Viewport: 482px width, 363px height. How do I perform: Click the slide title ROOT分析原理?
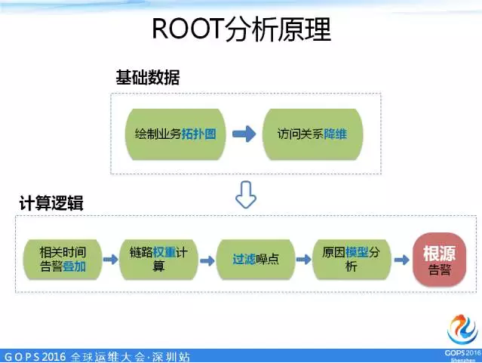241,29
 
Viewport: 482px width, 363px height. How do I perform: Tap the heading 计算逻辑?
51,204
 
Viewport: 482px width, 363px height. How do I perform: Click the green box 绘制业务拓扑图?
176,134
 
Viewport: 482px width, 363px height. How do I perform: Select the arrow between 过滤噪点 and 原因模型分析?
304,259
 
